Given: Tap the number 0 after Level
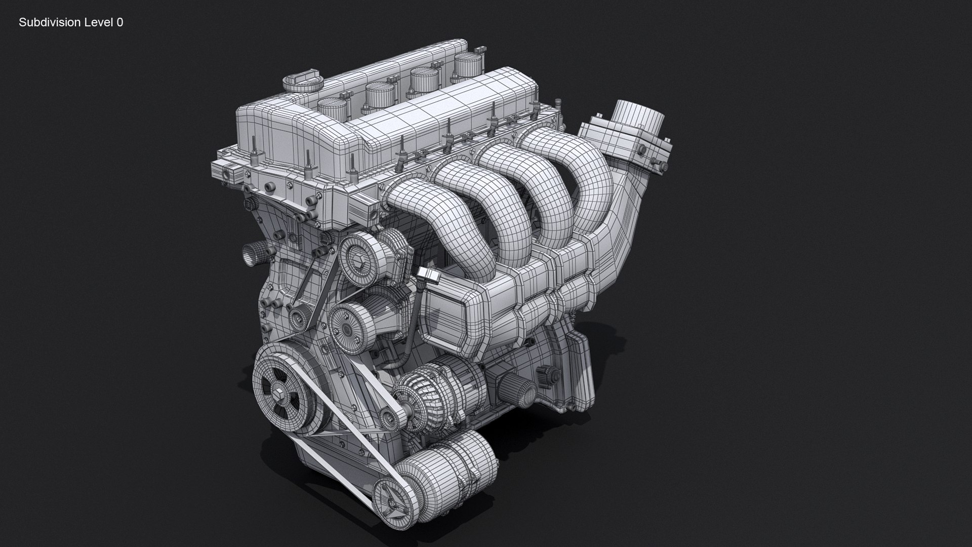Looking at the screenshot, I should pos(119,22).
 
